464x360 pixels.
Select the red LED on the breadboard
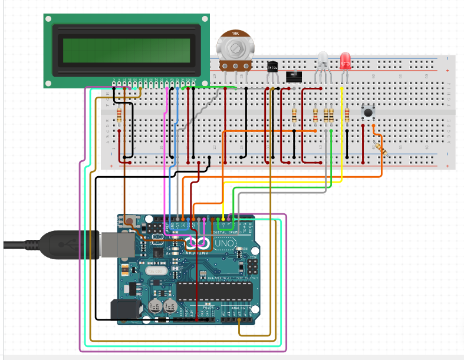pyautogui.click(x=345, y=60)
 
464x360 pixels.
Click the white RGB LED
pyautogui.click(x=323, y=59)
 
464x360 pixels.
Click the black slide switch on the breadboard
pyautogui.click(x=294, y=76)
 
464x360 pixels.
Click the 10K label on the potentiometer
pyautogui.click(x=236, y=33)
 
